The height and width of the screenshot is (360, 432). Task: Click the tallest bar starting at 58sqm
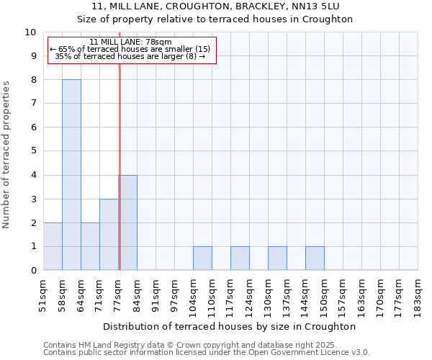click(71, 175)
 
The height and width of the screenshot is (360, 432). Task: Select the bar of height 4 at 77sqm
click(128, 222)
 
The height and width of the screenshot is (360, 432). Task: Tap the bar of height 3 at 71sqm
click(109, 235)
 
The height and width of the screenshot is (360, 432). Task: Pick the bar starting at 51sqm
click(53, 246)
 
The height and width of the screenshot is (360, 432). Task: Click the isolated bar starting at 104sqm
click(202, 258)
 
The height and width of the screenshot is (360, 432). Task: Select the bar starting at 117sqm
click(240, 258)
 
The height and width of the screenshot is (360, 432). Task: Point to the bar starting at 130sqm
click(277, 258)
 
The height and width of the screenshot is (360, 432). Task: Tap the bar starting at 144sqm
click(315, 258)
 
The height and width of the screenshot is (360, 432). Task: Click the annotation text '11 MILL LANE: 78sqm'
click(131, 42)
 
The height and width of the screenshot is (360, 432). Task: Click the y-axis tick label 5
click(33, 151)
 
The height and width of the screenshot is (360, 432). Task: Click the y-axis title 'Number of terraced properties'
click(6, 154)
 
